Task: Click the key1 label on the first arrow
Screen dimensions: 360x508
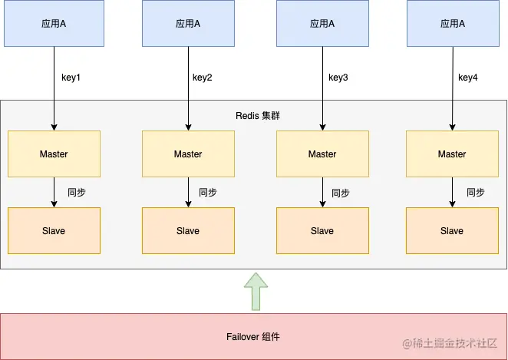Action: [x=71, y=77]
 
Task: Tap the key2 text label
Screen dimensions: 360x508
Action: [x=202, y=77]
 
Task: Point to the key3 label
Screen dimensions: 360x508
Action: [x=338, y=77]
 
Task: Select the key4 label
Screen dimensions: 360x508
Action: [x=468, y=77]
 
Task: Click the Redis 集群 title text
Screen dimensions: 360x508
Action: [x=258, y=116]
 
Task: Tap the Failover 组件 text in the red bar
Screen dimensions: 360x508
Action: [x=253, y=336]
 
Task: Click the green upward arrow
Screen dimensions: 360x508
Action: [x=255, y=292]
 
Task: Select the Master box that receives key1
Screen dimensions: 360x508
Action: [x=54, y=154]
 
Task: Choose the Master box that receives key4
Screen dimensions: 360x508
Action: [x=452, y=154]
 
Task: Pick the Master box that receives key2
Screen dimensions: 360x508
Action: [x=188, y=154]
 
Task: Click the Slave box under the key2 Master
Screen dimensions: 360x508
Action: [x=188, y=230]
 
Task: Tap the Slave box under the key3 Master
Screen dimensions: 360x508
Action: [x=322, y=230]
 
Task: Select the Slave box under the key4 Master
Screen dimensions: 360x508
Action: [x=452, y=230]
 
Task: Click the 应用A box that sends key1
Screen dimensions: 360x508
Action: [x=54, y=24]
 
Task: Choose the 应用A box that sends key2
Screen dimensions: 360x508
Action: [x=188, y=24]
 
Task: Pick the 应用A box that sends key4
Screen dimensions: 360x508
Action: [x=452, y=24]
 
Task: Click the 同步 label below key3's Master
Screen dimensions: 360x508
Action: [x=341, y=193]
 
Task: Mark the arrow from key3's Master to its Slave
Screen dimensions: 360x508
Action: [x=322, y=193]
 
